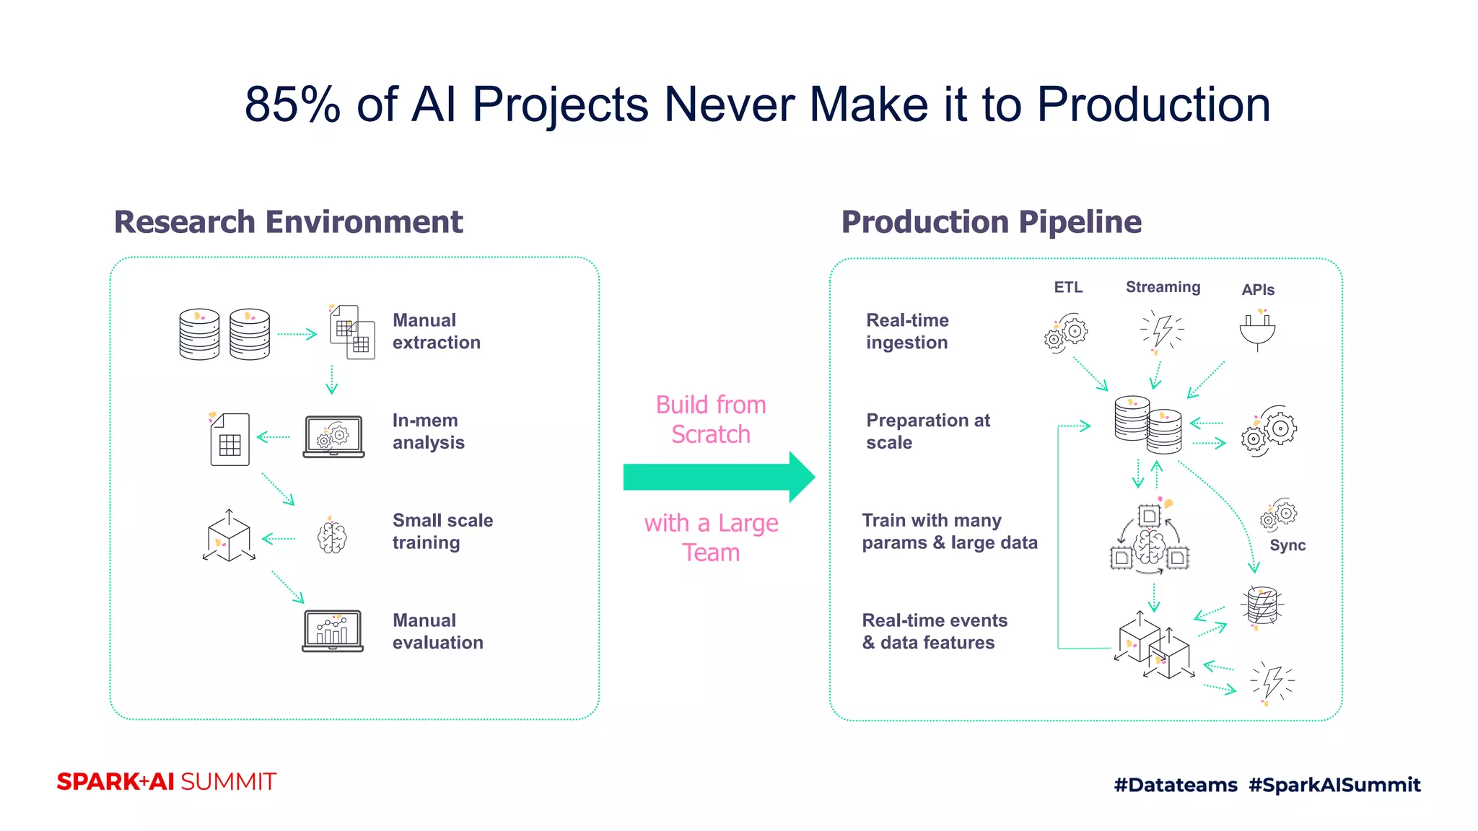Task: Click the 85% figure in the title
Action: pyautogui.click(x=292, y=105)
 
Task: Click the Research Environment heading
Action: pyautogui.click(x=288, y=222)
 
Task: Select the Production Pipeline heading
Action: pyautogui.click(x=991, y=222)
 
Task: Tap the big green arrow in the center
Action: pyautogui.click(x=718, y=477)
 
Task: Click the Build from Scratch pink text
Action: pyautogui.click(x=711, y=419)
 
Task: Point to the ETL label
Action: pyautogui.click(x=1068, y=287)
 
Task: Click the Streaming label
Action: pyautogui.click(x=1163, y=287)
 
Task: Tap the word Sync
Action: pyautogui.click(x=1287, y=545)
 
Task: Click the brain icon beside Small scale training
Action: pyautogui.click(x=332, y=537)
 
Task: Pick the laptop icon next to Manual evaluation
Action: pyautogui.click(x=333, y=630)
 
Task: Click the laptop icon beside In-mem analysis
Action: pyautogui.click(x=333, y=436)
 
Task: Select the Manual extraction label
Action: pyautogui.click(x=436, y=331)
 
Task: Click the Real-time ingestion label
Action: pyautogui.click(x=907, y=331)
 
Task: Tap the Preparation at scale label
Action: pyautogui.click(x=927, y=431)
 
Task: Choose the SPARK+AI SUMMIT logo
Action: pyautogui.click(x=166, y=782)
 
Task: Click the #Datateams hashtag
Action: pyautogui.click(x=1175, y=785)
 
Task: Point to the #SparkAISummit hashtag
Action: pyautogui.click(x=1334, y=785)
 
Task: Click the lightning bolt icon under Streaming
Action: pyautogui.click(x=1162, y=332)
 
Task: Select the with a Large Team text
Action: pyautogui.click(x=711, y=537)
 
